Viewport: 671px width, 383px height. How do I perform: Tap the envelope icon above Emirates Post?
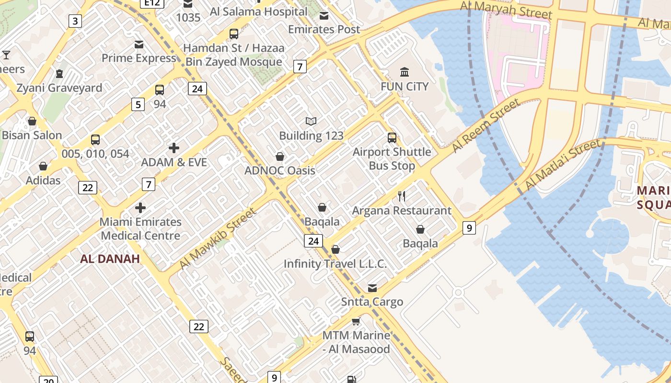click(x=324, y=16)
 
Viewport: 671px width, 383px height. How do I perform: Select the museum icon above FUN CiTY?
click(x=405, y=72)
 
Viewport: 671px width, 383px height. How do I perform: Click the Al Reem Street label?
click(x=486, y=126)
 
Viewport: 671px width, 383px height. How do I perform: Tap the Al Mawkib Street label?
click(x=218, y=238)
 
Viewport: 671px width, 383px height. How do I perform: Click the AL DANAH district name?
click(x=110, y=259)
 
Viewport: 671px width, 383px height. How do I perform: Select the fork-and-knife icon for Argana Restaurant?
click(x=402, y=196)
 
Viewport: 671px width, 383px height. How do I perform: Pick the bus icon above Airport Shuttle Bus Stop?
click(x=392, y=138)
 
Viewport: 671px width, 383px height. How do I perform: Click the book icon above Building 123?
click(x=311, y=122)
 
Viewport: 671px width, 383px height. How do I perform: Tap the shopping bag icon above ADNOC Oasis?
click(x=280, y=157)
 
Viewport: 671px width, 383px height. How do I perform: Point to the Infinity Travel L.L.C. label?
click(x=335, y=264)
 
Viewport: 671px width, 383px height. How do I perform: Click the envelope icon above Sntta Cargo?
click(x=372, y=288)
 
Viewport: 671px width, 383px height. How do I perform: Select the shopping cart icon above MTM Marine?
click(x=356, y=321)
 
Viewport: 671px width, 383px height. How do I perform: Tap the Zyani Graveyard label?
click(x=59, y=88)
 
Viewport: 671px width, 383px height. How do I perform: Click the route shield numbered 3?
click(x=75, y=21)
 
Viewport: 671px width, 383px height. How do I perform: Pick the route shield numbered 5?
click(x=138, y=104)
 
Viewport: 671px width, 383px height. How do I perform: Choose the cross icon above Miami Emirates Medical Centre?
click(x=140, y=208)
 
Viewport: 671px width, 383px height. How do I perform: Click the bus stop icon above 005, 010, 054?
click(x=95, y=140)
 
